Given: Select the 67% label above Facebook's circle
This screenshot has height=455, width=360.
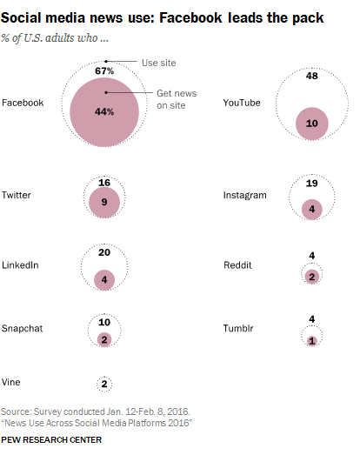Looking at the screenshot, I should point(105,70).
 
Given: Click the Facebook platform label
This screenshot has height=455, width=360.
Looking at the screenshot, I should point(23,103).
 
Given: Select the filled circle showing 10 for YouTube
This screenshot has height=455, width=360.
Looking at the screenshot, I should point(310,124).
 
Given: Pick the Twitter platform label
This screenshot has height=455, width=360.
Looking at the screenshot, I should point(17,195).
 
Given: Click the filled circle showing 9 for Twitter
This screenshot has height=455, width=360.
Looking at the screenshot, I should point(103,201).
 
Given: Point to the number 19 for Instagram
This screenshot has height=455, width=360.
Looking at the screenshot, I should point(310,184).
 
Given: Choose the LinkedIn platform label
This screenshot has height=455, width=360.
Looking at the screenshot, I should point(21,264).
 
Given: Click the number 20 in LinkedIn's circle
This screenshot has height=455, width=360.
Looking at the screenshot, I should point(103,253).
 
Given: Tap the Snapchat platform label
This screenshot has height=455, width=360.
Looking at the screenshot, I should point(23,328).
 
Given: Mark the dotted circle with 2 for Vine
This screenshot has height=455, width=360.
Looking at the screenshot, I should point(104,383).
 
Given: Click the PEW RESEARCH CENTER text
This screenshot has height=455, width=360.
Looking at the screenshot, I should point(52,440).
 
